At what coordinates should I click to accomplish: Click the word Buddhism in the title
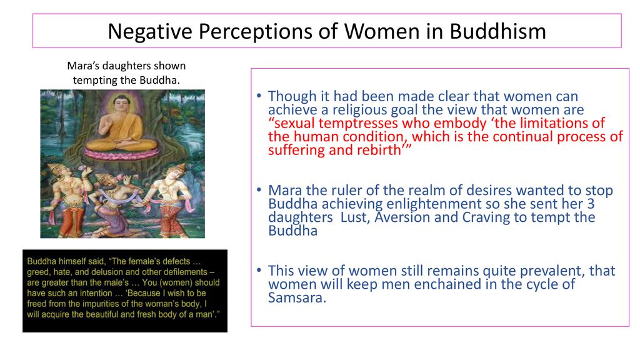pyautogui.click(x=497, y=31)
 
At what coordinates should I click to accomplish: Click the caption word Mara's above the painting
pyautogui.click(x=83, y=66)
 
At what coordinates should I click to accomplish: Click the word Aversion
pyautogui.click(x=402, y=217)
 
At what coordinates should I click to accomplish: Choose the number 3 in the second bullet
pyautogui.click(x=590, y=204)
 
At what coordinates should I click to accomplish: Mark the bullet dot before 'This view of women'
pyautogui.click(x=259, y=270)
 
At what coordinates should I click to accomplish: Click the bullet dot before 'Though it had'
pyautogui.click(x=259, y=96)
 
